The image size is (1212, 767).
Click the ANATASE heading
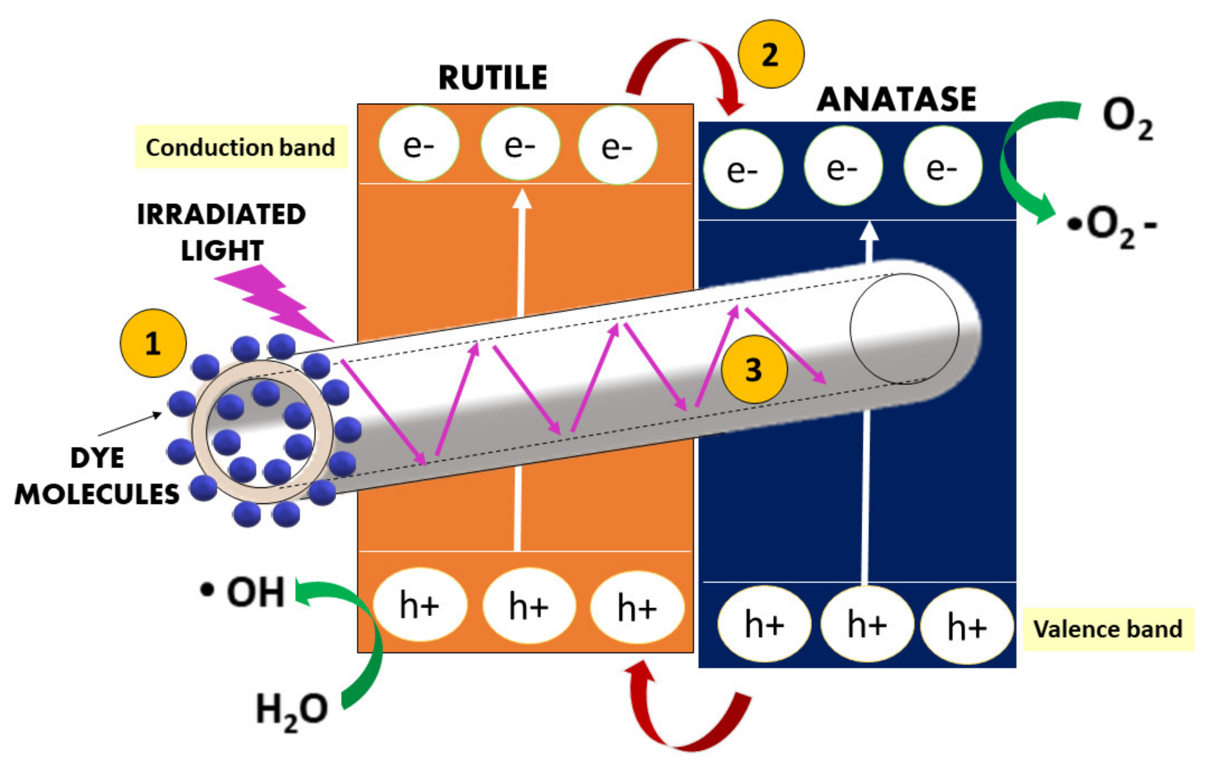tap(896, 99)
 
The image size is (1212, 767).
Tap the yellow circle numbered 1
tap(153, 343)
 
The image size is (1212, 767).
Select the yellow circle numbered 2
tap(770, 54)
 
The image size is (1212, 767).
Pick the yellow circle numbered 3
tap(754, 370)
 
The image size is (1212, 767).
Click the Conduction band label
tap(241, 147)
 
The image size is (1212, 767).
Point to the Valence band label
tap(1107, 629)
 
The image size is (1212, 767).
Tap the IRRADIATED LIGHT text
tap(222, 232)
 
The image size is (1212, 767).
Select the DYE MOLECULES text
tap(97, 476)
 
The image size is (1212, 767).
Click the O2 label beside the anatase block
tap(1127, 118)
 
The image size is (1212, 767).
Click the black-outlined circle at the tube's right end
tap(904, 329)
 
